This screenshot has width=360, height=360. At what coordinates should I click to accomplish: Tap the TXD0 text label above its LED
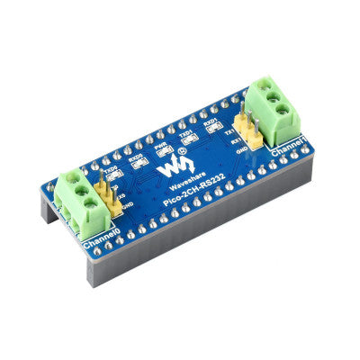[x=112, y=167]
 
